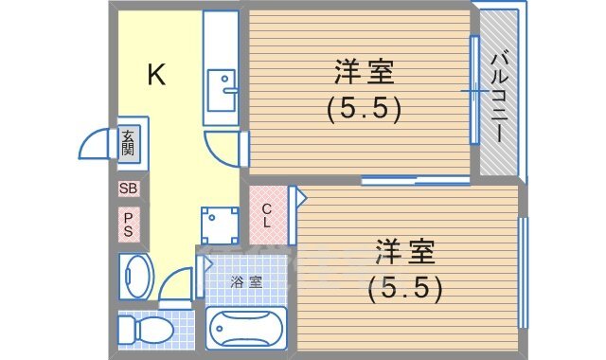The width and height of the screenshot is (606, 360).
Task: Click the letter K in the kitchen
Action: (156, 76)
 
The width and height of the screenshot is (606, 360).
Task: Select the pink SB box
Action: (129, 189)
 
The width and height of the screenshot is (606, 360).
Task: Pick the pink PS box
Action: (129, 224)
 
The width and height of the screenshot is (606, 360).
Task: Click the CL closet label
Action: (268, 216)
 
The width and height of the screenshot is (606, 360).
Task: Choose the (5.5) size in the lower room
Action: (404, 287)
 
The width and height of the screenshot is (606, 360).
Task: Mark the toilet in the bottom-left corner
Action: (142, 332)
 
